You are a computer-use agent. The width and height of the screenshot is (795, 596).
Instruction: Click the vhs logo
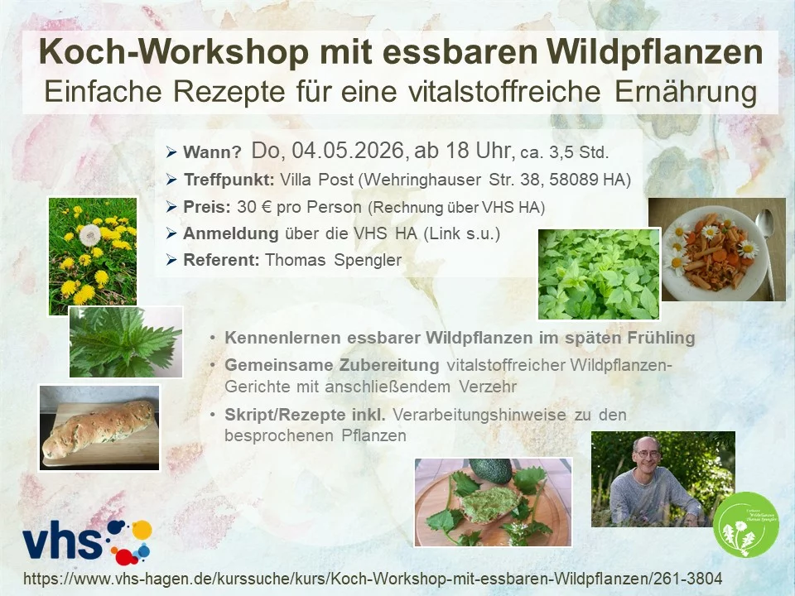(x=87, y=541)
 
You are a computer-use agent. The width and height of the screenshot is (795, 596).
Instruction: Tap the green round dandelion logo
(x=746, y=525)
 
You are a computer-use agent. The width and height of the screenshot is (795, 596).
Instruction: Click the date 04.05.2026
(x=348, y=151)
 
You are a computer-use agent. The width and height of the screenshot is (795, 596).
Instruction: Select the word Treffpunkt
(x=229, y=180)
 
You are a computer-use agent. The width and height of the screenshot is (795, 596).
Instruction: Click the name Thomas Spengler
(x=333, y=260)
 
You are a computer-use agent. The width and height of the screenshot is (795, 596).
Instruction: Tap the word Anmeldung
(x=231, y=233)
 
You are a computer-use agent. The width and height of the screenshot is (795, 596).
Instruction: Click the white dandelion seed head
(x=90, y=234)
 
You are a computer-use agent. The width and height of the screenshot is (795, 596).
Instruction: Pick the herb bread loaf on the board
(x=99, y=430)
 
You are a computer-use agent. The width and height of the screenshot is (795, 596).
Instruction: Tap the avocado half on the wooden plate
(x=491, y=471)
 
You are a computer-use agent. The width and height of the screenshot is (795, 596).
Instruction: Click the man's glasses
(x=647, y=454)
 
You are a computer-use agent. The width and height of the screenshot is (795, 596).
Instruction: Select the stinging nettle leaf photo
(x=126, y=342)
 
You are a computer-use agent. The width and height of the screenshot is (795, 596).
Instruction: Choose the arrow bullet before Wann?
(x=171, y=151)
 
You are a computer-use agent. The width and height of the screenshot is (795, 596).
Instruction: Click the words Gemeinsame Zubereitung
(x=332, y=365)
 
